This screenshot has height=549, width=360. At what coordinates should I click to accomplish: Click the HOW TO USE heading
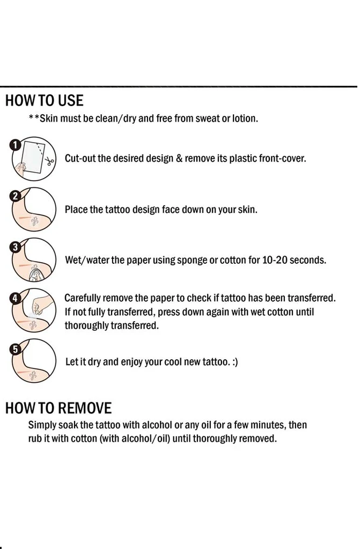point(45,100)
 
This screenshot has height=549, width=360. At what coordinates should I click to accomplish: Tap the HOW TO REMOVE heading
point(58,408)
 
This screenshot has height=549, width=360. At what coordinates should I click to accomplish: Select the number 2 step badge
point(15,196)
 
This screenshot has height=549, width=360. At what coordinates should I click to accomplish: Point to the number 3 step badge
point(15,247)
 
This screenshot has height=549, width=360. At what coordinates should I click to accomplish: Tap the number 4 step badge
point(15,298)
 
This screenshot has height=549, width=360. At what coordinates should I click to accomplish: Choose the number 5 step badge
point(15,349)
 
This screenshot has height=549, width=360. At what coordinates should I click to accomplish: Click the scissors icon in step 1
point(49,161)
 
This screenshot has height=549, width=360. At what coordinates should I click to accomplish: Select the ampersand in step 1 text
point(179,159)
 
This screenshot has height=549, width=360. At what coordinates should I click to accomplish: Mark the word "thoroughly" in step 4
point(87,325)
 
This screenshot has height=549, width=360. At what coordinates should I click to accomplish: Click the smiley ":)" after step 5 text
point(235,362)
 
